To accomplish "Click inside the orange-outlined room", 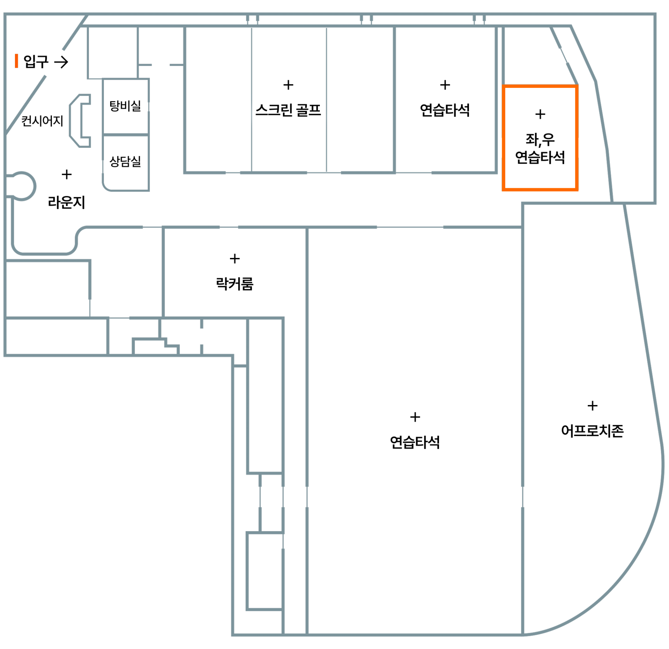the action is [x=540, y=138].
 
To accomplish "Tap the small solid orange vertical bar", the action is [x=16, y=61].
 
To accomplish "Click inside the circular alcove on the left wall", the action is [x=22, y=186].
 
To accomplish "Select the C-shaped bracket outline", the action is [x=79, y=120].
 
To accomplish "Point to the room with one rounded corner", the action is [x=126, y=163].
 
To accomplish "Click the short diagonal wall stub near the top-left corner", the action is [x=75, y=33].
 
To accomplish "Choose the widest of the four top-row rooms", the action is [x=445, y=99].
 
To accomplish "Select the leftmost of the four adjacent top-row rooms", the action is [x=218, y=99].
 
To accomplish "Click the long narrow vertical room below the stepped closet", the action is [x=265, y=396].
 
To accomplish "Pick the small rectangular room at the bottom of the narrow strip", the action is [x=265, y=572].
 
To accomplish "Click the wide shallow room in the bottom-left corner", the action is [x=56, y=336].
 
